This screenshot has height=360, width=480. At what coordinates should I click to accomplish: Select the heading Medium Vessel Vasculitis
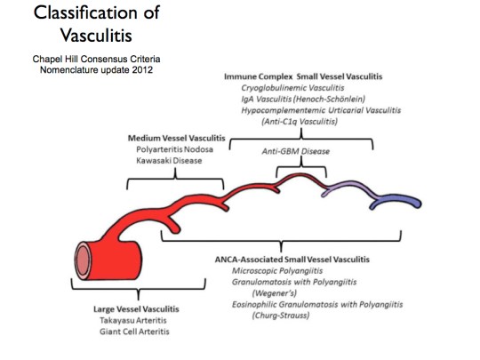pos(175,138)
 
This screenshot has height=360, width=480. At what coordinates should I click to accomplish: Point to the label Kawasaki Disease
pos(161,161)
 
